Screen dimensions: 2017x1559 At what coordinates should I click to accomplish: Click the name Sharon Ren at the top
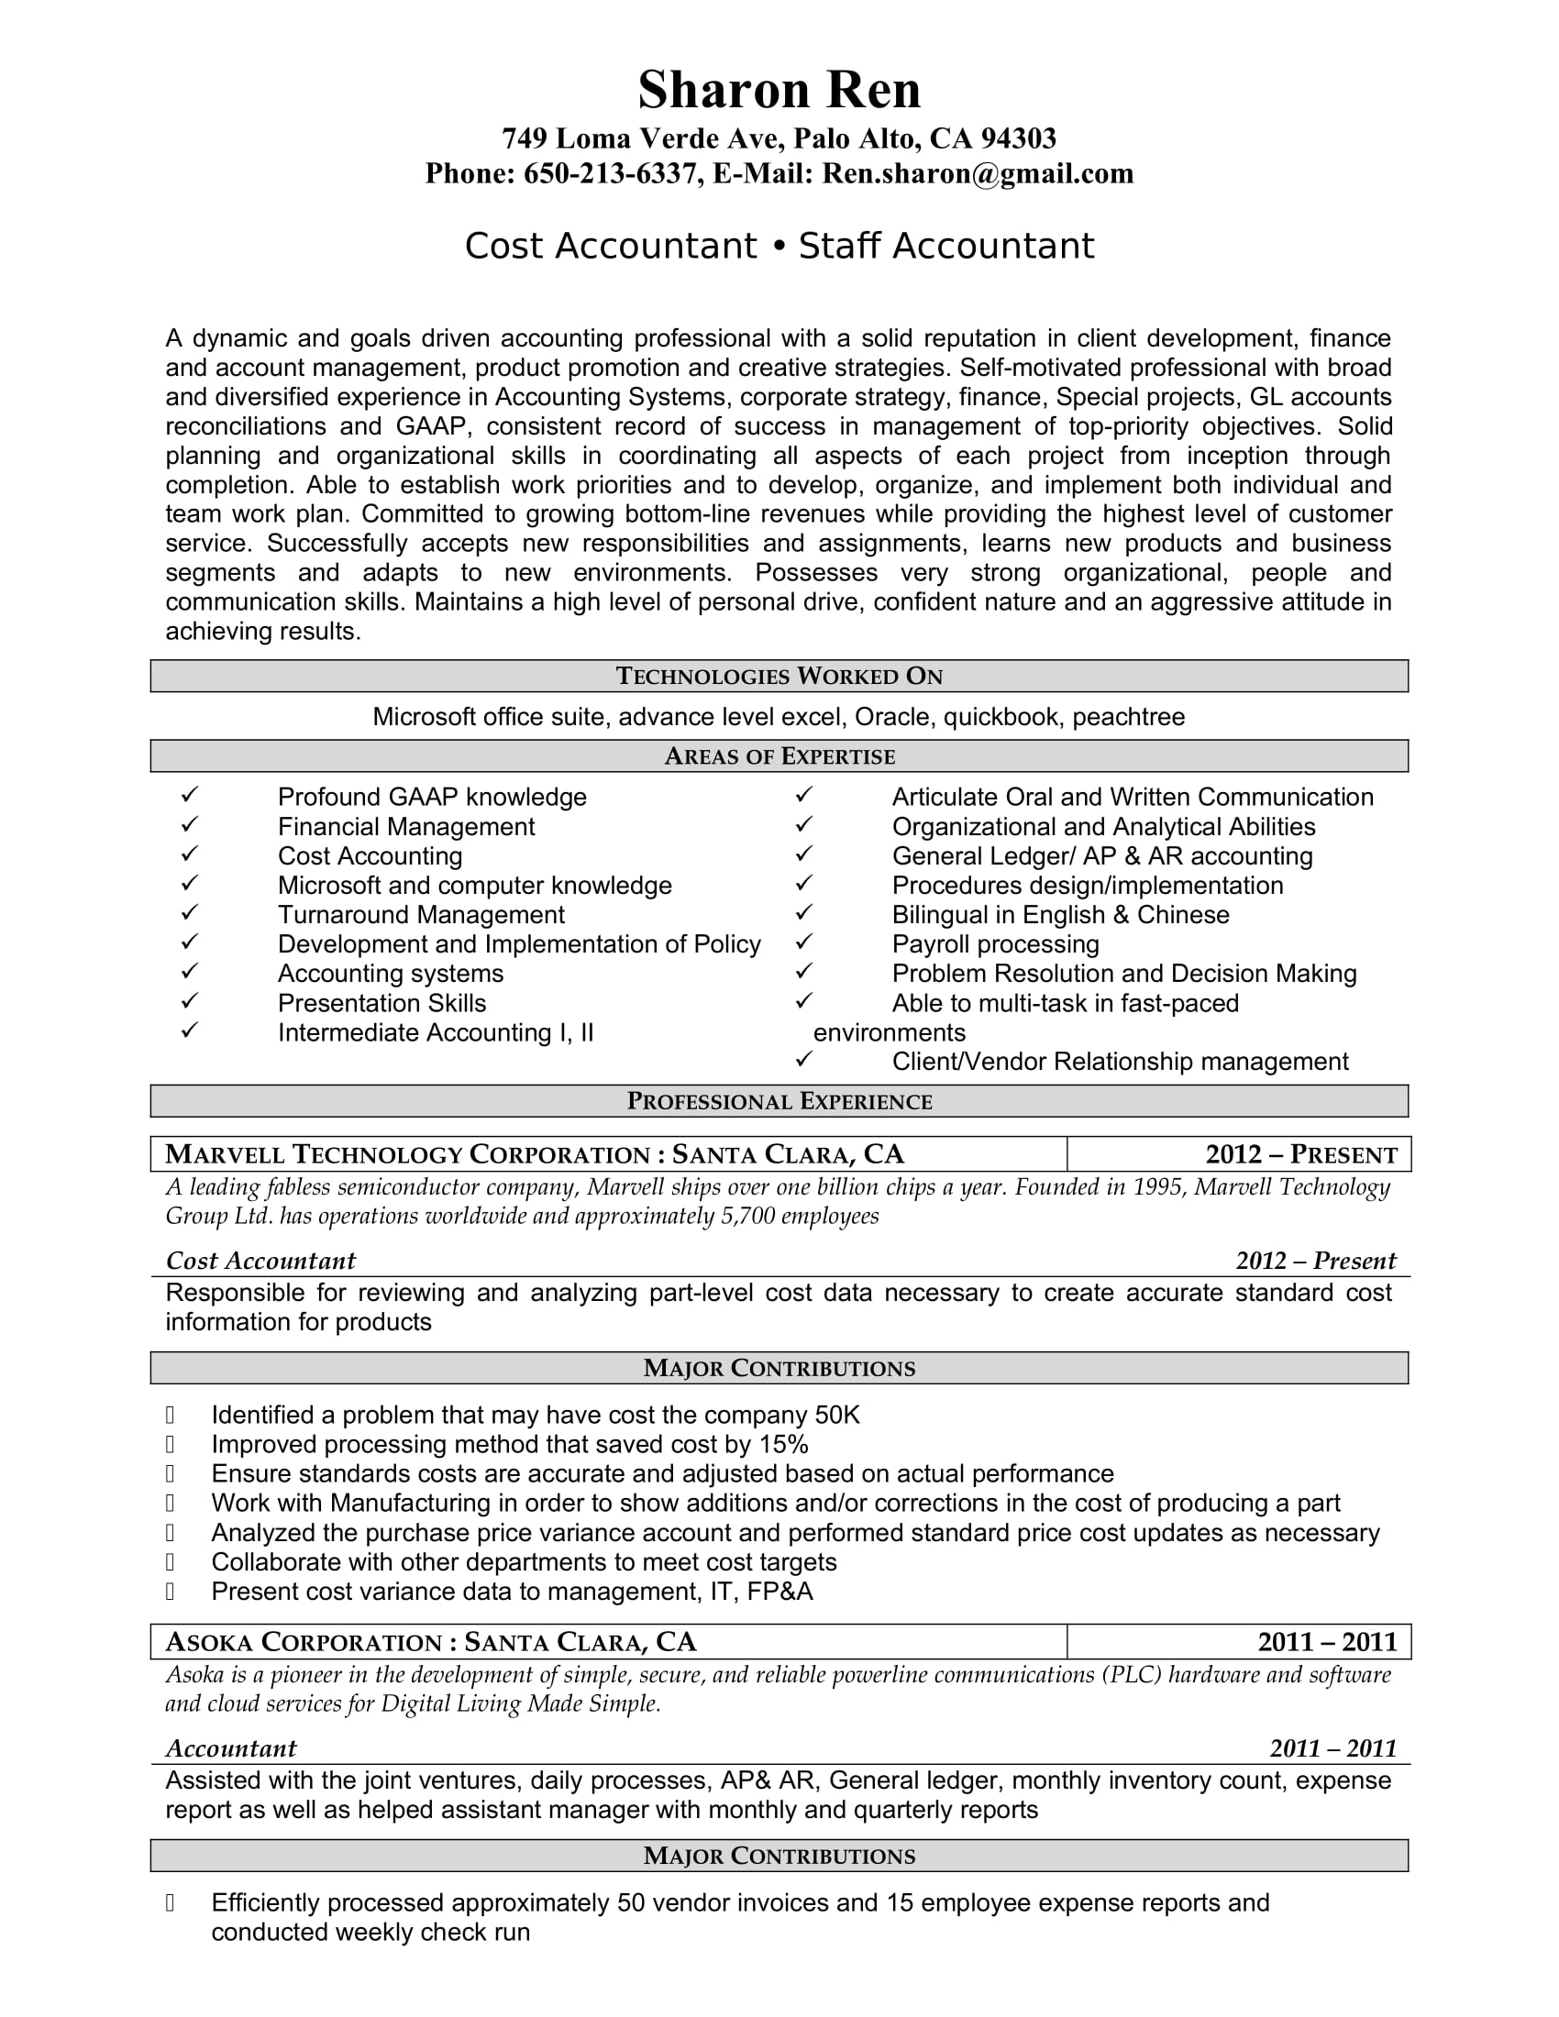[779, 91]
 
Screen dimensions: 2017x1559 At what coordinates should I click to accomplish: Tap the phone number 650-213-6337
[610, 173]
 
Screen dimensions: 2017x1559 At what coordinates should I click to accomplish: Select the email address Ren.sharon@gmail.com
[978, 173]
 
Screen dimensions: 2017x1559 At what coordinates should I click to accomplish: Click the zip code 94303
[1018, 138]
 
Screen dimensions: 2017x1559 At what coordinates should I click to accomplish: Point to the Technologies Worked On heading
[779, 676]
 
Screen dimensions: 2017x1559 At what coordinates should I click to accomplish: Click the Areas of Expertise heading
[779, 756]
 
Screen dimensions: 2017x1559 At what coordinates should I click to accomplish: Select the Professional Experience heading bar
[779, 1101]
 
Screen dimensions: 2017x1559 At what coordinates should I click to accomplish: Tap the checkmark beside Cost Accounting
[190, 854]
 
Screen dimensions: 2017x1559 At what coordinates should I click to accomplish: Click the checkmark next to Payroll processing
[804, 942]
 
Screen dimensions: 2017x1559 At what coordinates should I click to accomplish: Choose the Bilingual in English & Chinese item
[1060, 914]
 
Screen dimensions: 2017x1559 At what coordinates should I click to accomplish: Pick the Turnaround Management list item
[420, 914]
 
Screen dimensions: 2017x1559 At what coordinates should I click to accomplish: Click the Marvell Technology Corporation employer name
[407, 1154]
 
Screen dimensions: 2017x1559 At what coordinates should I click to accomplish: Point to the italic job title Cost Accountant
[260, 1261]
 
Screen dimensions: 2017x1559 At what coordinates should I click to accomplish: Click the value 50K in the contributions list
[836, 1416]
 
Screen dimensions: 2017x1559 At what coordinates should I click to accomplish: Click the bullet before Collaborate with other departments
[171, 1561]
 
